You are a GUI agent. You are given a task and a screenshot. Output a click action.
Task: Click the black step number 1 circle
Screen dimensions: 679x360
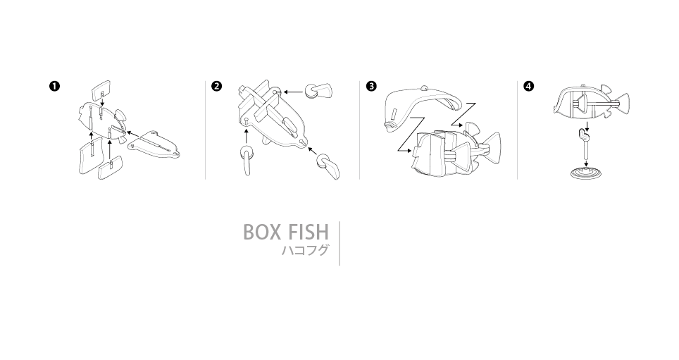tap(54, 86)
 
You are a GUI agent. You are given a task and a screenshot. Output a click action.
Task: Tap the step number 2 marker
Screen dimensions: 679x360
tap(216, 86)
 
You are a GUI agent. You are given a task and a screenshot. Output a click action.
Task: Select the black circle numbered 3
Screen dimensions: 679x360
tap(371, 86)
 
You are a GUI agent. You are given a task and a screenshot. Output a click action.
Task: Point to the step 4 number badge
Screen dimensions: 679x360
tap(529, 86)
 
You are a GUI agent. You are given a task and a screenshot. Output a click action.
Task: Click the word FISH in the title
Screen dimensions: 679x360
tap(308, 232)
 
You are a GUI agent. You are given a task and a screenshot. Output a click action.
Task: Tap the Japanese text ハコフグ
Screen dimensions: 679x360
tap(305, 250)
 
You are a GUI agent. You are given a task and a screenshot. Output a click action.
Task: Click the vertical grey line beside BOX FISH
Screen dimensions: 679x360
tap(339, 243)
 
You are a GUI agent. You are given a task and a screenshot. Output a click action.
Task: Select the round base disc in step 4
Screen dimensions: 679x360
tap(586, 173)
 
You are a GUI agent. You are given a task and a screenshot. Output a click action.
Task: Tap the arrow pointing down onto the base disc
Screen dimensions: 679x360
tap(586, 163)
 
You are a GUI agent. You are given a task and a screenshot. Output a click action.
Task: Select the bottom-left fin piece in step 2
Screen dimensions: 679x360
tap(247, 160)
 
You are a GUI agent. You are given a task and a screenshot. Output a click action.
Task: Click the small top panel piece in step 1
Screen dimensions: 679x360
tap(101, 89)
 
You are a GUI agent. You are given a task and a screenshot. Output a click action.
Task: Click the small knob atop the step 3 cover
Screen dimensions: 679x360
tap(425, 87)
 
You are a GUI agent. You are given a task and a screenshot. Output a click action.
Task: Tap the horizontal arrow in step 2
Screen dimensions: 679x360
tap(294, 92)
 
